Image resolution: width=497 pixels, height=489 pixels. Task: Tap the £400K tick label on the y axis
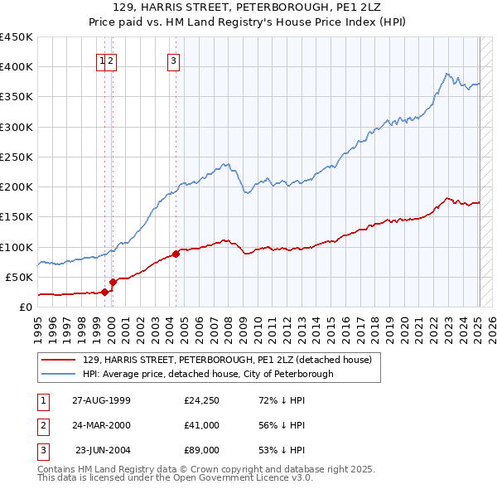point(17,67)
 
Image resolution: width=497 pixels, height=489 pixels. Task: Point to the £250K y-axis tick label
point(17,157)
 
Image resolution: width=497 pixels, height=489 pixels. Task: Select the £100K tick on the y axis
point(17,247)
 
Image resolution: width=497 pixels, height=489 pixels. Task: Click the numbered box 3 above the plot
point(173,60)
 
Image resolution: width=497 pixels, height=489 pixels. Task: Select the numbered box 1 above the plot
point(102,60)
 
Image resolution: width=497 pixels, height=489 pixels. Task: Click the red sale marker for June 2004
point(176,254)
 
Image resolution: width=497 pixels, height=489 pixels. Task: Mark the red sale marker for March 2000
point(113,283)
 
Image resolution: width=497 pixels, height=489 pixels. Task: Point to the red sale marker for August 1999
point(105,293)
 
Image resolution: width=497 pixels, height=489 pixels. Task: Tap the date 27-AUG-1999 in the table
point(101,400)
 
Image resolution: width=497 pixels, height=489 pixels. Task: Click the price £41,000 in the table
point(202,425)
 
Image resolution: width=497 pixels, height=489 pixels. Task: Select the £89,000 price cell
point(202,450)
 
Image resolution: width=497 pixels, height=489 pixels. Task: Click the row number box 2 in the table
point(42,425)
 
